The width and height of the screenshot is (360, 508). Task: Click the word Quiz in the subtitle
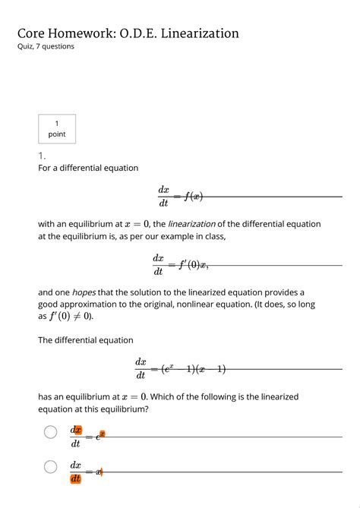click(26, 47)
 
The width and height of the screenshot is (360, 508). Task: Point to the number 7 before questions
click(39, 47)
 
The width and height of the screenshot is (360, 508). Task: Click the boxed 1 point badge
click(57, 128)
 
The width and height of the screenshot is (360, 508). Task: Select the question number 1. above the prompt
click(43, 156)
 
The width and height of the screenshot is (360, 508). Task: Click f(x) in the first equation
click(193, 196)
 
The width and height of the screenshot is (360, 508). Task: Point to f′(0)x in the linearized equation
click(193, 265)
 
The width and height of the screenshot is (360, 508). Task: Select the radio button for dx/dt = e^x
click(50, 432)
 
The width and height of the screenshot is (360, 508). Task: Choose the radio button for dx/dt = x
click(50, 466)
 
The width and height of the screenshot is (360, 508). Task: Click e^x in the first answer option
click(99, 435)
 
